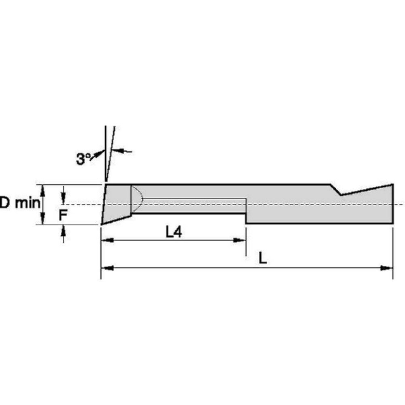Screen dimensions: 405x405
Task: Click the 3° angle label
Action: click(83, 159)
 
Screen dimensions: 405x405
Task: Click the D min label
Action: click(20, 202)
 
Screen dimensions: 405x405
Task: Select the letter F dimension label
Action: click(63, 215)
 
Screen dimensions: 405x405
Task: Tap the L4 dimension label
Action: click(174, 232)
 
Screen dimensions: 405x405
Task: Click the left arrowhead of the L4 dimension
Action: click(107, 240)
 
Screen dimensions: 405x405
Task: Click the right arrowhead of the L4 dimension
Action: click(239, 240)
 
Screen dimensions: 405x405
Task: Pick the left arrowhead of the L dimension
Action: click(107, 268)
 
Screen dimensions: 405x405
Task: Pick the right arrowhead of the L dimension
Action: click(387, 268)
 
